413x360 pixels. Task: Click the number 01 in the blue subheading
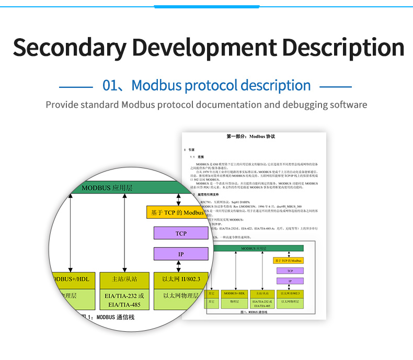click(112, 85)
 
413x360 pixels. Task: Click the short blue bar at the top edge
click(206, 7)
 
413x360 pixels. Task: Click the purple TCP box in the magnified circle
click(181, 233)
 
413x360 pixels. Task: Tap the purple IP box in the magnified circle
click(181, 254)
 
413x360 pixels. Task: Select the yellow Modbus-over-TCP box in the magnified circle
click(176, 212)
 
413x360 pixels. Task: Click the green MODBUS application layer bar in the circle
click(125, 188)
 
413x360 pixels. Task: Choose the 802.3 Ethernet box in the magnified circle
click(181, 279)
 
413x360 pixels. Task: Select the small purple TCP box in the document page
click(290, 271)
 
